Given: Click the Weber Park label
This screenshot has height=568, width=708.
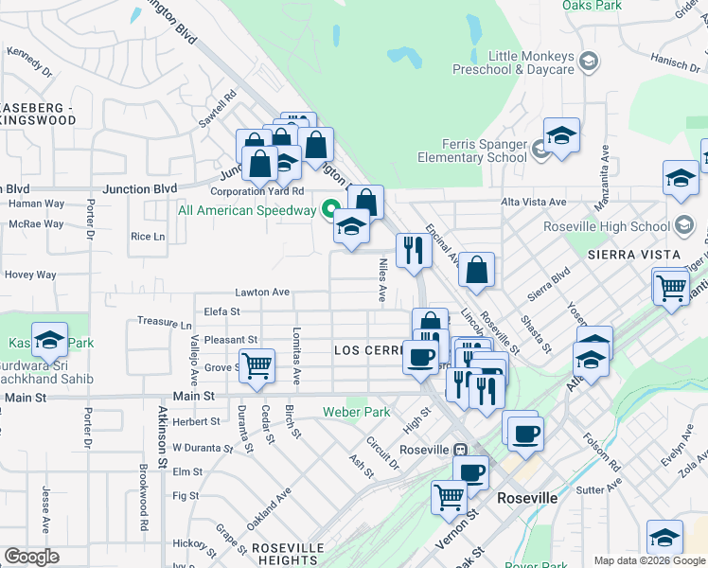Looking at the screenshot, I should coord(356,412).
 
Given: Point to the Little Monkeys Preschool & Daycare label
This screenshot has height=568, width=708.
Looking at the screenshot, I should coord(530,62).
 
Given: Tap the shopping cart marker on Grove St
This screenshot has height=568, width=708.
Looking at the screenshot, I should coord(257,365).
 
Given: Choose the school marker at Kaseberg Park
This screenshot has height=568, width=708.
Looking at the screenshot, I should coord(49,339).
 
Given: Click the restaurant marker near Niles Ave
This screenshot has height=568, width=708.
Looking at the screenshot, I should coord(413,250).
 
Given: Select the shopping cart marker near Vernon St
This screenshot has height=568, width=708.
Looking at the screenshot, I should coord(449,495).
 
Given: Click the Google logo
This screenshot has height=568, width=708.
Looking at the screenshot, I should coord(31,557).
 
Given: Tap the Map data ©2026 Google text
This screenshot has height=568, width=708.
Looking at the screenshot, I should coord(648,560).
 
